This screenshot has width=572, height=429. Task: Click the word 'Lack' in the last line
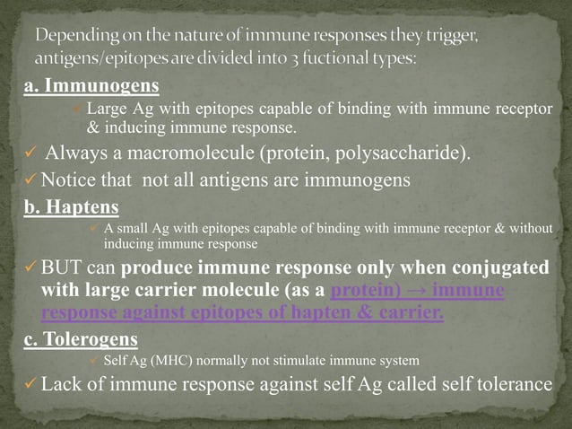click(64, 384)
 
